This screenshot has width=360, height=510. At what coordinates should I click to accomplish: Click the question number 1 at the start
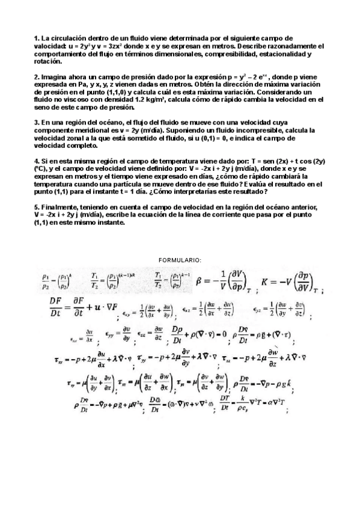(36, 37)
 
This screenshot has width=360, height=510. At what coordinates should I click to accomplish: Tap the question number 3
(36, 121)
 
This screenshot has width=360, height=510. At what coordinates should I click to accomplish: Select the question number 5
(36, 207)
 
